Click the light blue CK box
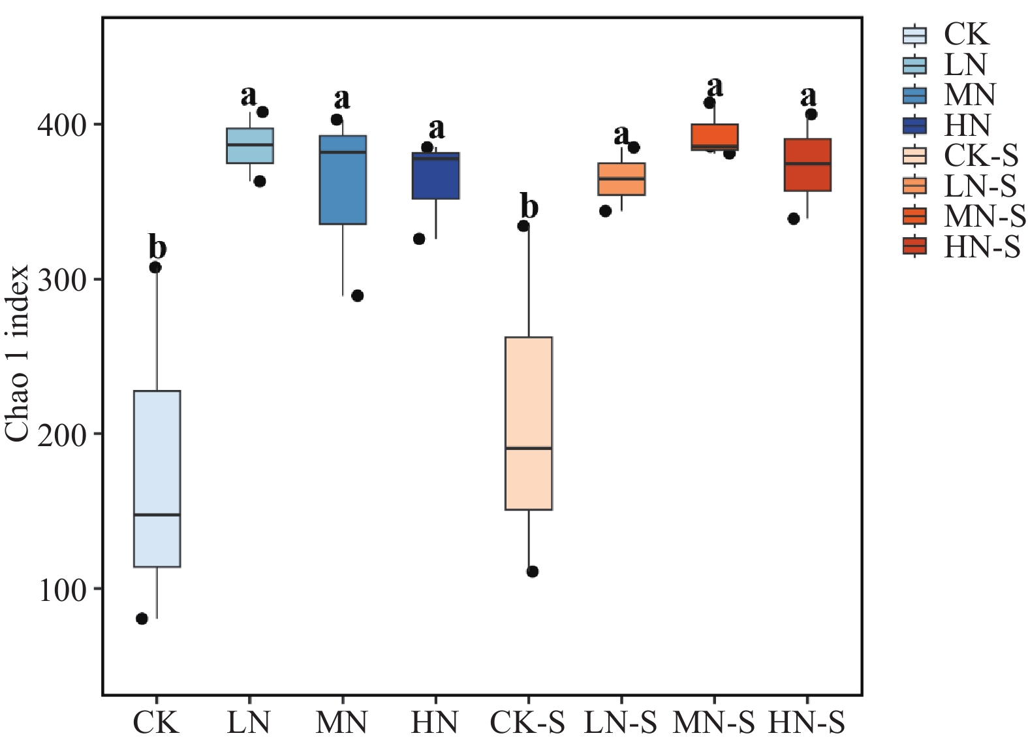[157, 479]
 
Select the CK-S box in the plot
[529, 423]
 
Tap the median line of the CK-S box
[529, 448]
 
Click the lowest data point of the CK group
[142, 619]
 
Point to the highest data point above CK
[155, 268]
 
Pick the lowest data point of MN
[358, 296]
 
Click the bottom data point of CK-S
[533, 572]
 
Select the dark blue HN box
[436, 176]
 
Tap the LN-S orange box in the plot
[622, 179]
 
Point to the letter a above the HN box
[437, 129]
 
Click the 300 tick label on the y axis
[62, 279]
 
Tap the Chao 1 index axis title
[17, 353]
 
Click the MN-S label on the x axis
[713, 723]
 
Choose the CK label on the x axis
[156, 723]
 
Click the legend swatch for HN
[914, 125]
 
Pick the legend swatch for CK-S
[914, 155]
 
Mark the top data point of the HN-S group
[811, 114]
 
